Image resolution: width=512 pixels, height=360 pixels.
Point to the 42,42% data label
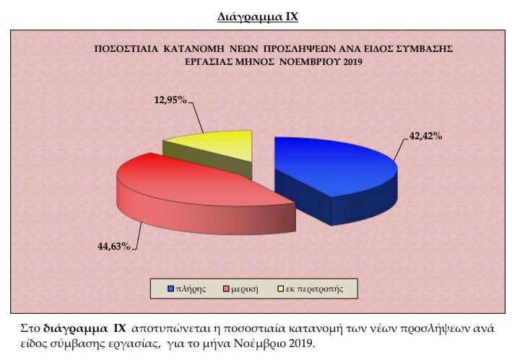pos(426,136)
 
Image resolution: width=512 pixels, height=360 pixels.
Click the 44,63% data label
pos(114,246)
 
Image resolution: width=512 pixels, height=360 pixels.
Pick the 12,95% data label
pos(170,100)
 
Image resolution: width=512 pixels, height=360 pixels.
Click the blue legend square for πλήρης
pos(170,289)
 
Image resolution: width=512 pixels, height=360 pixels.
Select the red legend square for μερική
pos(226,289)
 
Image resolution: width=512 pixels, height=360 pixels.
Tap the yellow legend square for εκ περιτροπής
pos(280,289)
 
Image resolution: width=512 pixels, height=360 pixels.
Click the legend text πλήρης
pos(191,289)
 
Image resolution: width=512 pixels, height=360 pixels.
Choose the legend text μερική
pos(245,289)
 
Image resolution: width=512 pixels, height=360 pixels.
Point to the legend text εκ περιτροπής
pos(314,289)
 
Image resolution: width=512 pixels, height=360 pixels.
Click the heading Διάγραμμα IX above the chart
pos(258,17)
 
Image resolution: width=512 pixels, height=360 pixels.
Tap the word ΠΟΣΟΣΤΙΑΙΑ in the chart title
pos(126,49)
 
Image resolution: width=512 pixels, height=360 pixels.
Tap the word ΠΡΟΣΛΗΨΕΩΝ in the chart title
pos(300,49)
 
